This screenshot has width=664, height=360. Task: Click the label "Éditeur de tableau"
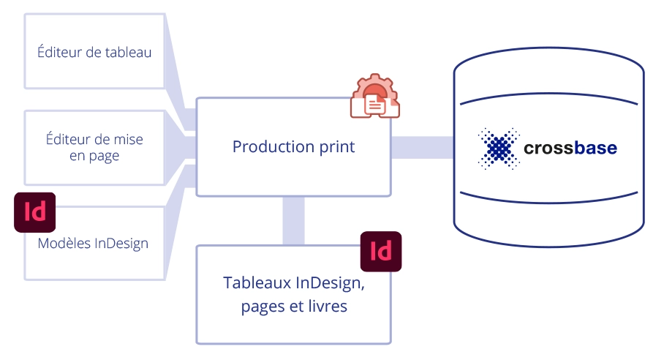tap(94, 52)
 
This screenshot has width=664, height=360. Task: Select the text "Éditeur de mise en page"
tap(94, 147)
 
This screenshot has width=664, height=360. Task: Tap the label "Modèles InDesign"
tap(93, 243)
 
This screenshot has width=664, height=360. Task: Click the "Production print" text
tap(293, 147)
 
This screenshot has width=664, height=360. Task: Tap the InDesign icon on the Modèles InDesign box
tap(34, 212)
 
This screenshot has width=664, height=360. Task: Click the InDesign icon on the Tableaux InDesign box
tap(381, 251)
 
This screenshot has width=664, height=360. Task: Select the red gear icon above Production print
tap(374, 96)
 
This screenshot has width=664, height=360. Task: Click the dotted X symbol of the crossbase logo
tap(499, 149)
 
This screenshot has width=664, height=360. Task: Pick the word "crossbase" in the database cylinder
tap(570, 148)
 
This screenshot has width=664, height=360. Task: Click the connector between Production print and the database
tap(422, 147)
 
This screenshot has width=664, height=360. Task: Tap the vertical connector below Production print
tap(293, 221)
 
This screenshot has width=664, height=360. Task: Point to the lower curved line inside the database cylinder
tap(548, 202)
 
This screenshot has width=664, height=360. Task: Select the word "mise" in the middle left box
tap(128, 139)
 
